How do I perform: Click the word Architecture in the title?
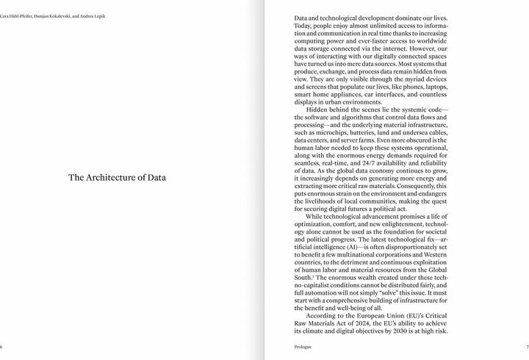pyautogui.click(x=113, y=177)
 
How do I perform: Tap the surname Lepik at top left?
pyautogui.click(x=98, y=15)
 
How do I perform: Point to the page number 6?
pyautogui.click(x=1, y=347)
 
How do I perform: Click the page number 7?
pyautogui.click(x=527, y=347)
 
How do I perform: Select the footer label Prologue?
pyautogui.click(x=303, y=347)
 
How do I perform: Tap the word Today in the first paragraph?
pyautogui.click(x=304, y=25)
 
